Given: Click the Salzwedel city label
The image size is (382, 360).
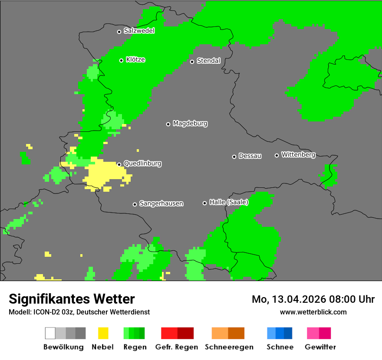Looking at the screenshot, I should [139, 31].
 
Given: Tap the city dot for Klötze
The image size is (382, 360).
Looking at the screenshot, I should [122, 60].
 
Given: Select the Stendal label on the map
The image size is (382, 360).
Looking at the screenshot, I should [208, 61].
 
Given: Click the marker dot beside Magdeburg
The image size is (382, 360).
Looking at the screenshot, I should [168, 124].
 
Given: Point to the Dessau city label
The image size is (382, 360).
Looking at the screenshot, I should [250, 156].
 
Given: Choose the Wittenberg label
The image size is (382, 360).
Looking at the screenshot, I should [298, 154].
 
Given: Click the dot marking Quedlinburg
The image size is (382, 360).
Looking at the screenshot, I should [119, 164].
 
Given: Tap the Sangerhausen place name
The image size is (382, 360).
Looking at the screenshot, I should [161, 203].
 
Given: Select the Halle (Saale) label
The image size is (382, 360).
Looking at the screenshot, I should [229, 202].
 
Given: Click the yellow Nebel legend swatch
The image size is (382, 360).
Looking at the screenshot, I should [103, 333].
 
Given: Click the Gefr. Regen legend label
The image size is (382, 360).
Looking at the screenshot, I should [177, 347].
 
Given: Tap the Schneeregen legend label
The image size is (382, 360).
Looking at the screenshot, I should [229, 347].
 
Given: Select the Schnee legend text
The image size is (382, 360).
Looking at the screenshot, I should [280, 347].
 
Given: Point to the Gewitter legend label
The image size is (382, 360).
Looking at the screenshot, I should [320, 347].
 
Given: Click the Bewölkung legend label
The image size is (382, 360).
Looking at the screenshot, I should [63, 347].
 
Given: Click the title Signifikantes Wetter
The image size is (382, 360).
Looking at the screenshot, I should [72, 299].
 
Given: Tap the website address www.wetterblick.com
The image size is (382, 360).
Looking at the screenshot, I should [313, 312].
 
